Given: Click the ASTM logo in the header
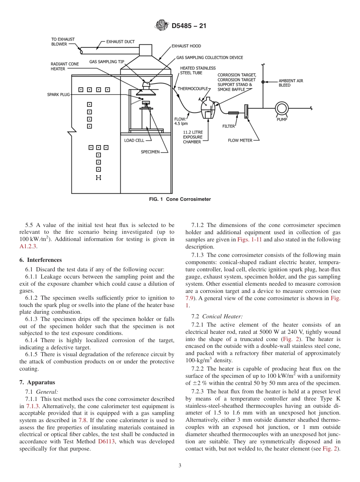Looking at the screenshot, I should click(162, 26).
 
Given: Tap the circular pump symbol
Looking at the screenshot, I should click(282, 108).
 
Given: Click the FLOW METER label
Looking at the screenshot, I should click(240, 140).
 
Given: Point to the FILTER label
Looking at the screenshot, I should click(229, 126).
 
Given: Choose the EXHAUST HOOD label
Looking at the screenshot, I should click(186, 46).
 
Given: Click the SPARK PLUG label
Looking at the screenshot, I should click(58, 94).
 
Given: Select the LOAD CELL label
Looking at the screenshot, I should click(134, 141).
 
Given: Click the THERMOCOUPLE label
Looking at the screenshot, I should click(193, 88).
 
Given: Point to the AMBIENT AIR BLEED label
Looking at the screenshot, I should click(291, 83).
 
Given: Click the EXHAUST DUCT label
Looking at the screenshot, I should click(120, 42).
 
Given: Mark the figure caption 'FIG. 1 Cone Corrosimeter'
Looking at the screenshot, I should click(180, 199).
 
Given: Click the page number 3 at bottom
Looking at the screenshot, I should click(180, 466).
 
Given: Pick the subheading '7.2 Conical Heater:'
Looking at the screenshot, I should click(217, 316).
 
